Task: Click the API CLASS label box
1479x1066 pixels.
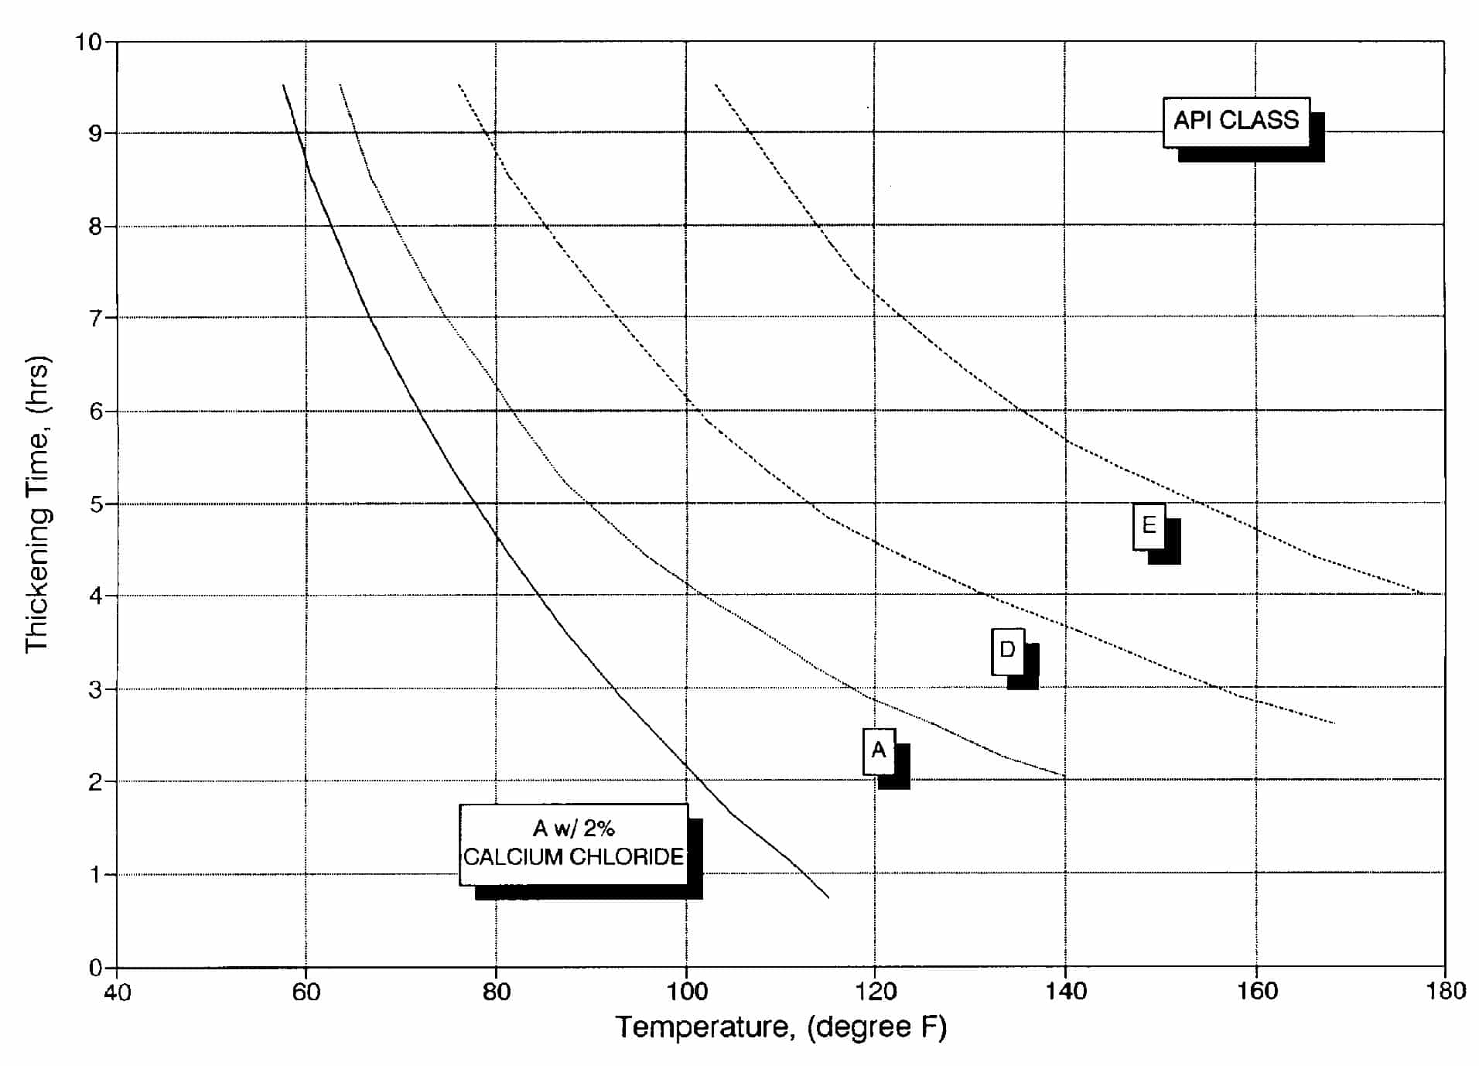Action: (1235, 121)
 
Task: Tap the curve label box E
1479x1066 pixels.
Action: (1149, 526)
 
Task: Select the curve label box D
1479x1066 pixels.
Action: (1007, 651)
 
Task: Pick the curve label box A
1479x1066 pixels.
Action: (879, 750)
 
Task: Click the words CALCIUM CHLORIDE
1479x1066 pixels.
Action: (573, 857)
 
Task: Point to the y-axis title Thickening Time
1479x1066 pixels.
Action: (37, 504)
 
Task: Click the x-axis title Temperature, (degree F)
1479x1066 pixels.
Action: (780, 1027)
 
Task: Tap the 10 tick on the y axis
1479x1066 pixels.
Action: (88, 42)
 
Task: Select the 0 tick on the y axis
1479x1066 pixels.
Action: (95, 968)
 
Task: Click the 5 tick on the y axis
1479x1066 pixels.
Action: (95, 504)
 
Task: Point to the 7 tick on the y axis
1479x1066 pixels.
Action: (95, 319)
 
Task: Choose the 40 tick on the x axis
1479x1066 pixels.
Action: (117, 992)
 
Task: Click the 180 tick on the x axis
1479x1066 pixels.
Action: (1445, 991)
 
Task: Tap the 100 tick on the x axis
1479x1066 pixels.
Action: (686, 992)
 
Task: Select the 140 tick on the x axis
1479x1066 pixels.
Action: (1065, 992)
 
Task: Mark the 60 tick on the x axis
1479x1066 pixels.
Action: (306, 992)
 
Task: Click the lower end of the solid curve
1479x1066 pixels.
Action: (828, 897)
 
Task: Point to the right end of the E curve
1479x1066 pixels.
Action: (1423, 593)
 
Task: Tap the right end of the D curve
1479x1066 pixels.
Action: (1334, 723)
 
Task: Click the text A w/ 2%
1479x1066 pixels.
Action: (573, 829)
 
